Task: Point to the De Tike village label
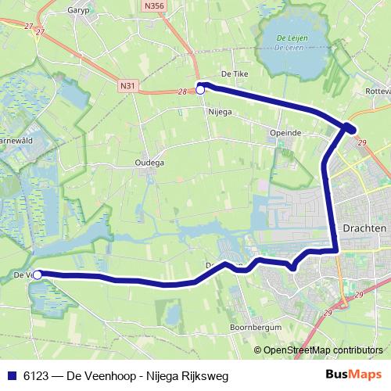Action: coord(234,74)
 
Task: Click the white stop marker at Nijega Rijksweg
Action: coord(200,90)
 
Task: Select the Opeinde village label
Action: coord(285,133)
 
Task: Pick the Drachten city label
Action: coord(364,227)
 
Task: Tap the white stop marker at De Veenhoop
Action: coord(37,274)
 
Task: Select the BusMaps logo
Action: coord(359,375)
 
